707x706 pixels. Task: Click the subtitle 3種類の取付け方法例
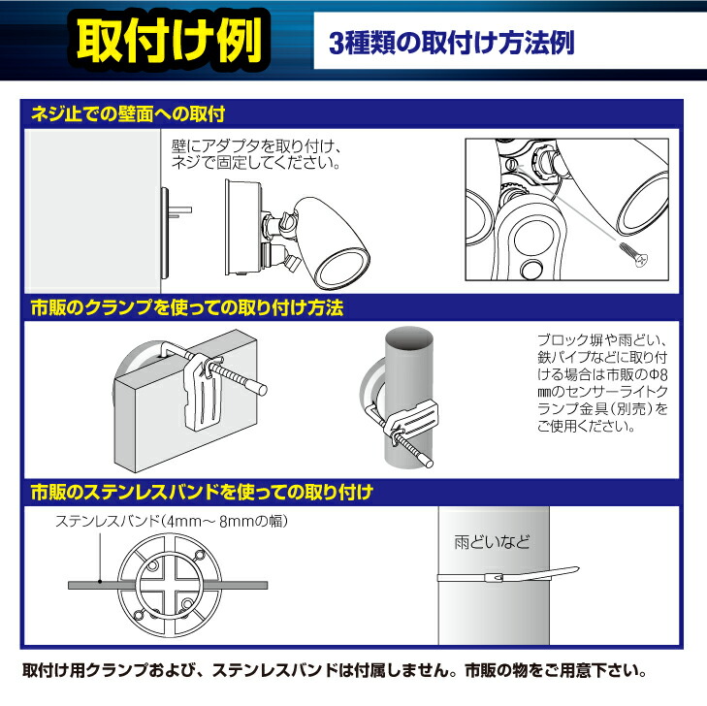click(x=452, y=44)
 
